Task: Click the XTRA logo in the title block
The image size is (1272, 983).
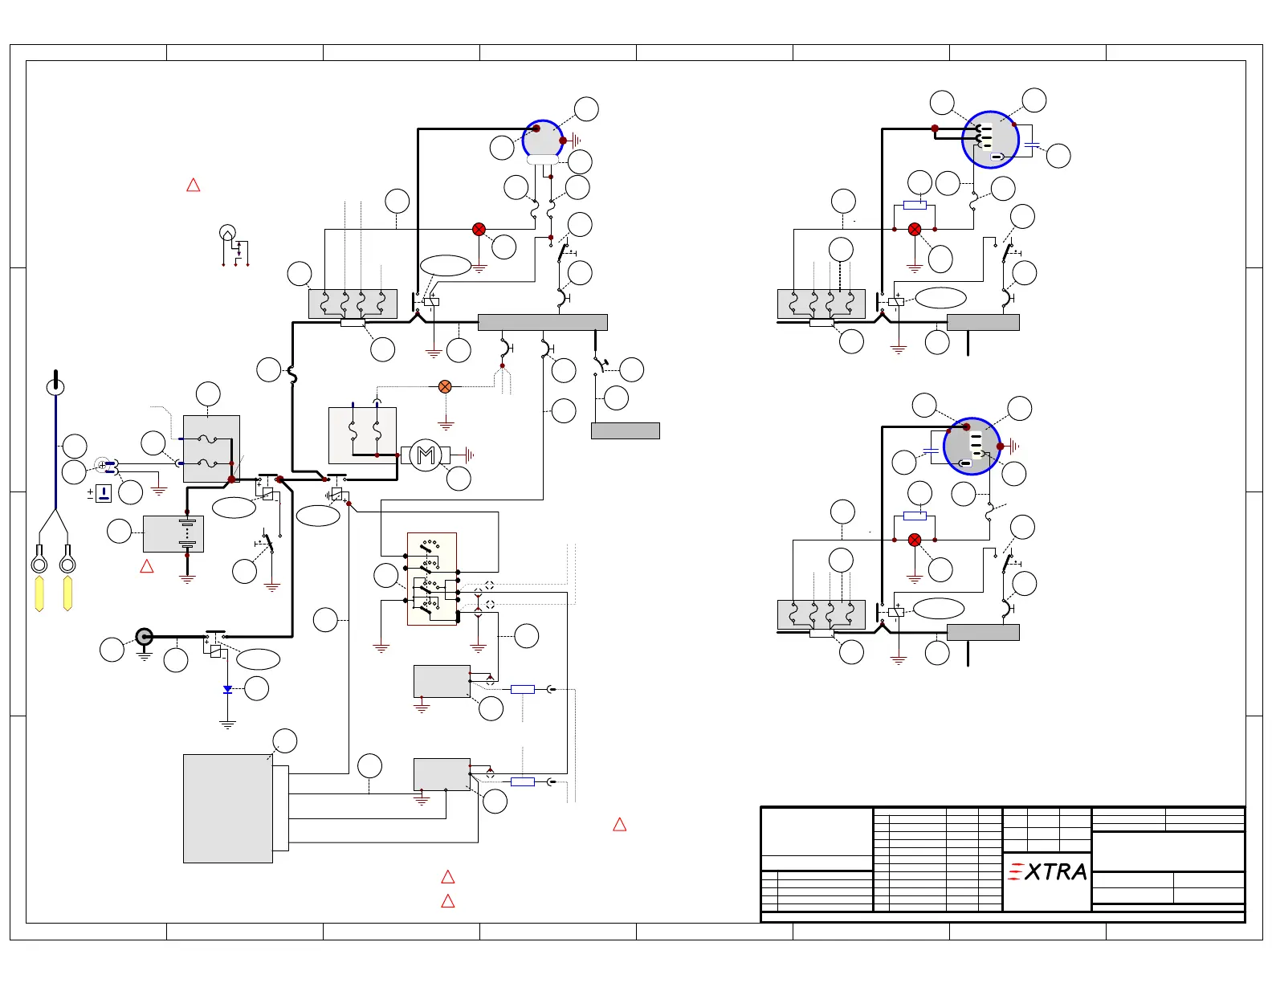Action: click(1048, 871)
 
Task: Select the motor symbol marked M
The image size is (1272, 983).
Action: click(426, 455)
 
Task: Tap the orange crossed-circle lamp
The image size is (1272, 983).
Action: click(445, 386)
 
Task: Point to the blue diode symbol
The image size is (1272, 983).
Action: click(228, 690)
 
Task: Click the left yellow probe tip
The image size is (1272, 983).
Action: click(39, 593)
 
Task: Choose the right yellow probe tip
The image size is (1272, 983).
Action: click(67, 593)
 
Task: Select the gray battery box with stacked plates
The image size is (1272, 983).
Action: click(173, 533)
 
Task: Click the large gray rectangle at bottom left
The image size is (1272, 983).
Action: click(228, 808)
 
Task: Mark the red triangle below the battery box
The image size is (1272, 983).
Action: click(147, 567)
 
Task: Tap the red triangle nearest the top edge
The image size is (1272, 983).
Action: click(194, 186)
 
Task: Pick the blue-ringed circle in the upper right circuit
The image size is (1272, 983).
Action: click(991, 140)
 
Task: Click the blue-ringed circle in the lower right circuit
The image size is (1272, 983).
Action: click(972, 446)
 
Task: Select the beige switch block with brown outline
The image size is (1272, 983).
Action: click(432, 578)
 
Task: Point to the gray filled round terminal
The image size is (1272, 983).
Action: click(144, 637)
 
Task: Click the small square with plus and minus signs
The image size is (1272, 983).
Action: click(104, 493)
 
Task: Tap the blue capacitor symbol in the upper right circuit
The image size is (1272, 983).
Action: click(1033, 145)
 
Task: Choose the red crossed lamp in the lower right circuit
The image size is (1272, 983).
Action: click(915, 540)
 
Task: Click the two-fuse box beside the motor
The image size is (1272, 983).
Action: click(362, 434)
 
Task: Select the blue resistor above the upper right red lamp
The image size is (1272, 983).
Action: click(915, 206)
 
